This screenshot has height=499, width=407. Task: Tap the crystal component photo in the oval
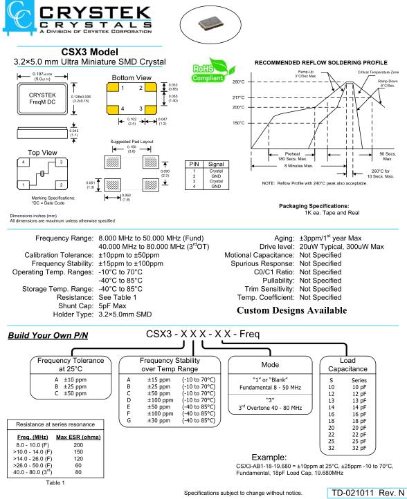click(x=210, y=24)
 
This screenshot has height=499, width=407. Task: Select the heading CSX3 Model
click(x=89, y=52)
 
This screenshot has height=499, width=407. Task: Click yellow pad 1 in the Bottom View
click(x=113, y=87)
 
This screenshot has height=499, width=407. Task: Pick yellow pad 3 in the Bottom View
click(x=150, y=110)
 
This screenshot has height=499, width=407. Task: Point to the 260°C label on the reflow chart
click(x=238, y=82)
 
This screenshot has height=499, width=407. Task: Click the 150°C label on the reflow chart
click(x=238, y=123)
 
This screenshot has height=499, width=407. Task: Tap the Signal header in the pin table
click(x=216, y=164)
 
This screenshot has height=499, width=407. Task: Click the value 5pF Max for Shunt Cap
click(x=112, y=306)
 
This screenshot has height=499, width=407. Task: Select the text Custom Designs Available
click(x=291, y=310)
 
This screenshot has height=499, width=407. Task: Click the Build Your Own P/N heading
click(x=48, y=335)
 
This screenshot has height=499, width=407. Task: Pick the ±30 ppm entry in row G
click(x=159, y=420)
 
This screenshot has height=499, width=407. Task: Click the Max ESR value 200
click(x=78, y=445)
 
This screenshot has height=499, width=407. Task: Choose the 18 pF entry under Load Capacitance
click(x=359, y=421)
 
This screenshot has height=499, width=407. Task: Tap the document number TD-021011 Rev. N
click(x=368, y=493)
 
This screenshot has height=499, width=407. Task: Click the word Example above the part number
click(x=269, y=458)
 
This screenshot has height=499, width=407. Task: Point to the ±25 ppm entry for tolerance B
click(x=75, y=386)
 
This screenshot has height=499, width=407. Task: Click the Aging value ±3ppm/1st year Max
click(x=330, y=238)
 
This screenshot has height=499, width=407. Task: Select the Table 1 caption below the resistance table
click(x=55, y=483)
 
